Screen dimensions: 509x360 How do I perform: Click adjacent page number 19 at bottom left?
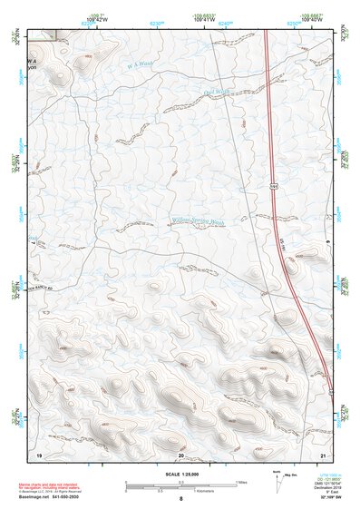point(39,453)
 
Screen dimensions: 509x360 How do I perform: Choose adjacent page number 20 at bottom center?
point(181,453)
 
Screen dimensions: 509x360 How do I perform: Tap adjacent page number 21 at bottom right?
point(323,453)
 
